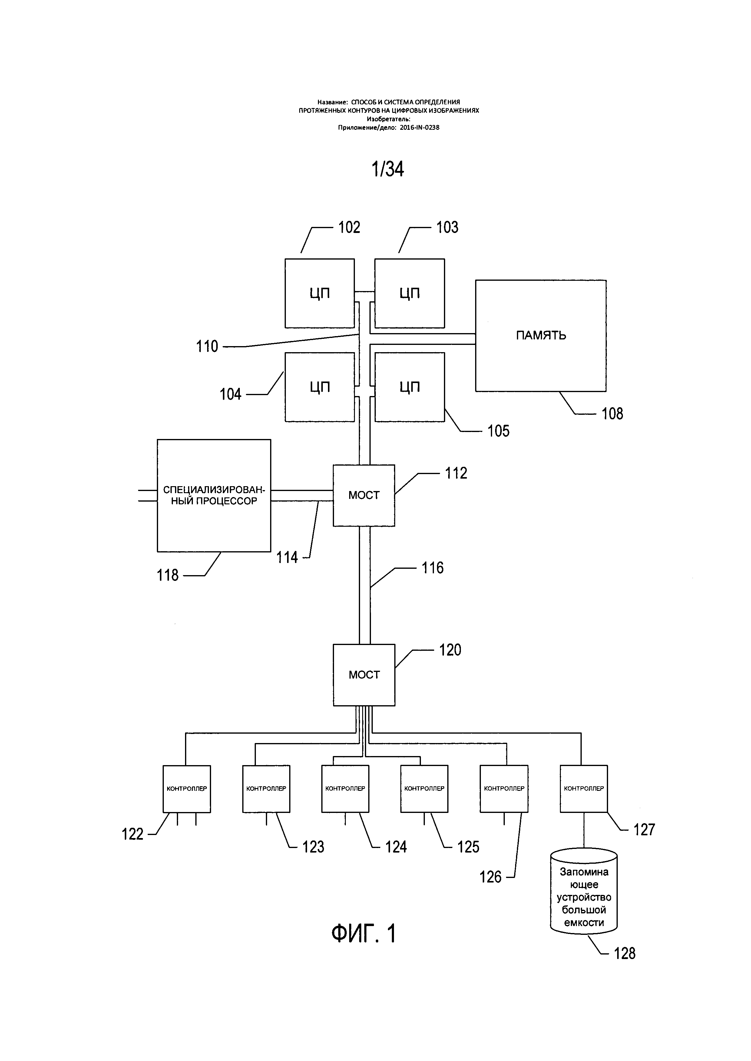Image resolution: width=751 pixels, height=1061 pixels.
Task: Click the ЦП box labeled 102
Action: pos(319,293)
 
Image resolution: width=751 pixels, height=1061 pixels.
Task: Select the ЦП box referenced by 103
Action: pos(410,293)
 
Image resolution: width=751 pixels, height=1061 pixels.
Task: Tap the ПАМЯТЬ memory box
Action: pos(541,336)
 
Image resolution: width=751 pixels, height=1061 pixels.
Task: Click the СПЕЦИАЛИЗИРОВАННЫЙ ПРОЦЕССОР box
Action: pos(214,495)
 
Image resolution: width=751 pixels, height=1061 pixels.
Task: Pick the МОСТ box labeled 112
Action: pos(364,495)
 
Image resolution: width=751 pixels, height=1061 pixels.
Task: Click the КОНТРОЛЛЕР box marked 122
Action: pos(187,789)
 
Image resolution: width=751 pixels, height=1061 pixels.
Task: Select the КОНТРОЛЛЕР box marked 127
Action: pos(584,789)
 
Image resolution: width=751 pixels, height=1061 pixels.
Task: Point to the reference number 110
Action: pos(207,347)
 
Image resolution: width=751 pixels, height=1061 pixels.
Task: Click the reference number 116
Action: pos(432,568)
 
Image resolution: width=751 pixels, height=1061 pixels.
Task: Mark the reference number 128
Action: pos(624,953)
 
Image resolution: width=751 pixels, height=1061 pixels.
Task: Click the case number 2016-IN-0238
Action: pos(419,128)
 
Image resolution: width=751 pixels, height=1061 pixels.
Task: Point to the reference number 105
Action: pos(498,431)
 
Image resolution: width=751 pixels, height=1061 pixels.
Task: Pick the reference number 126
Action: pos(490,877)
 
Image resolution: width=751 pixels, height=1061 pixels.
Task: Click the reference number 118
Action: pos(167,575)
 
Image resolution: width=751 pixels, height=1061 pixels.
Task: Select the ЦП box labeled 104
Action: pos(319,387)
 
